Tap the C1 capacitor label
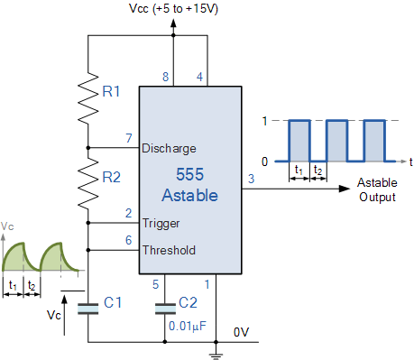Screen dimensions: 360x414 point(114,303)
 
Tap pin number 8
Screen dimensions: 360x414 point(165,78)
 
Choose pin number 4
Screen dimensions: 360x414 point(199,78)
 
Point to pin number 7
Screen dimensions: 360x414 point(128,139)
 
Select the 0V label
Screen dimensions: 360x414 point(242,332)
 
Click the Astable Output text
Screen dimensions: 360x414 point(377,188)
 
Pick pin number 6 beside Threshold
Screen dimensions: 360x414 point(128,240)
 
